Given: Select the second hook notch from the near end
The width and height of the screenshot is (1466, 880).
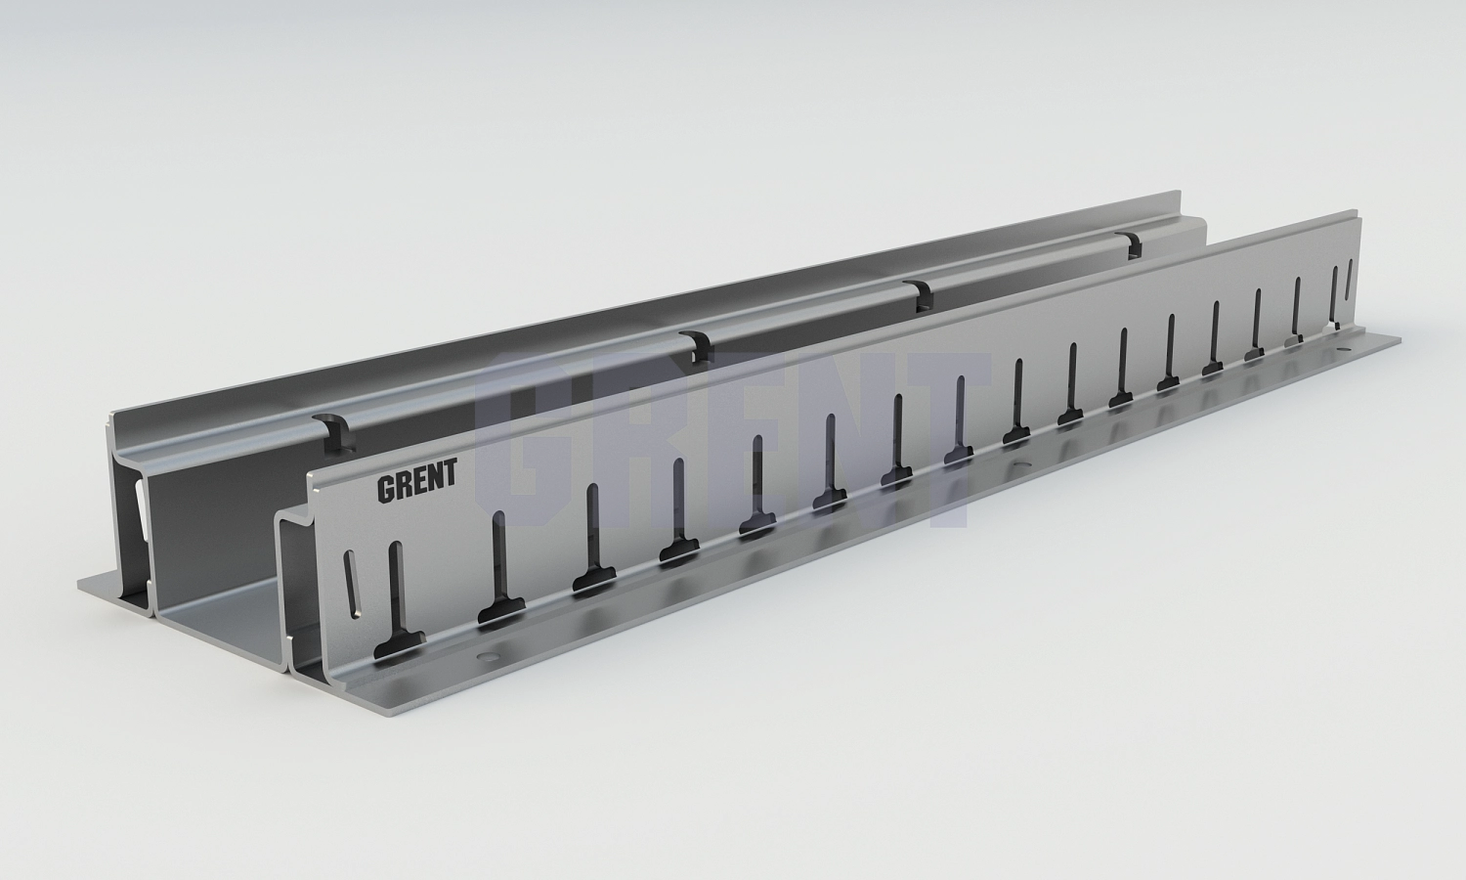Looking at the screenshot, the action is tap(697, 346).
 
